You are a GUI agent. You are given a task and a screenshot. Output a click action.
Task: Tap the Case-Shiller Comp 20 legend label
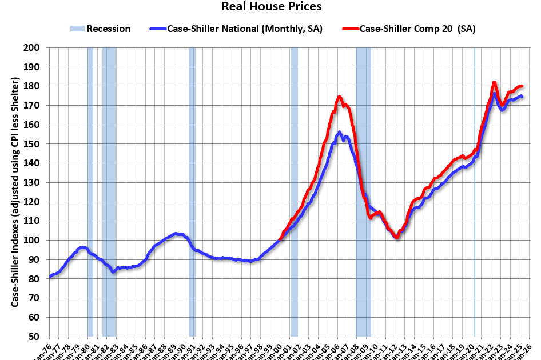(x=417, y=29)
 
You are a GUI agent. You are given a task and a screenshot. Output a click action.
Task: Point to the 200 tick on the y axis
(x=39, y=48)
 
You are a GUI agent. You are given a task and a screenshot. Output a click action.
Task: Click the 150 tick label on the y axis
(x=39, y=144)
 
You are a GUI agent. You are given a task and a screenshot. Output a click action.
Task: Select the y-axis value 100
(x=39, y=240)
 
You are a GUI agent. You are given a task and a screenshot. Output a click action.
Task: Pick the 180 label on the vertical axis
(x=39, y=86)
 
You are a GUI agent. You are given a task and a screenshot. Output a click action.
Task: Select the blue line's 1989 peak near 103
(x=176, y=233)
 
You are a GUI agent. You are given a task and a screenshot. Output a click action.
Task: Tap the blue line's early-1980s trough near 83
(x=113, y=272)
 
